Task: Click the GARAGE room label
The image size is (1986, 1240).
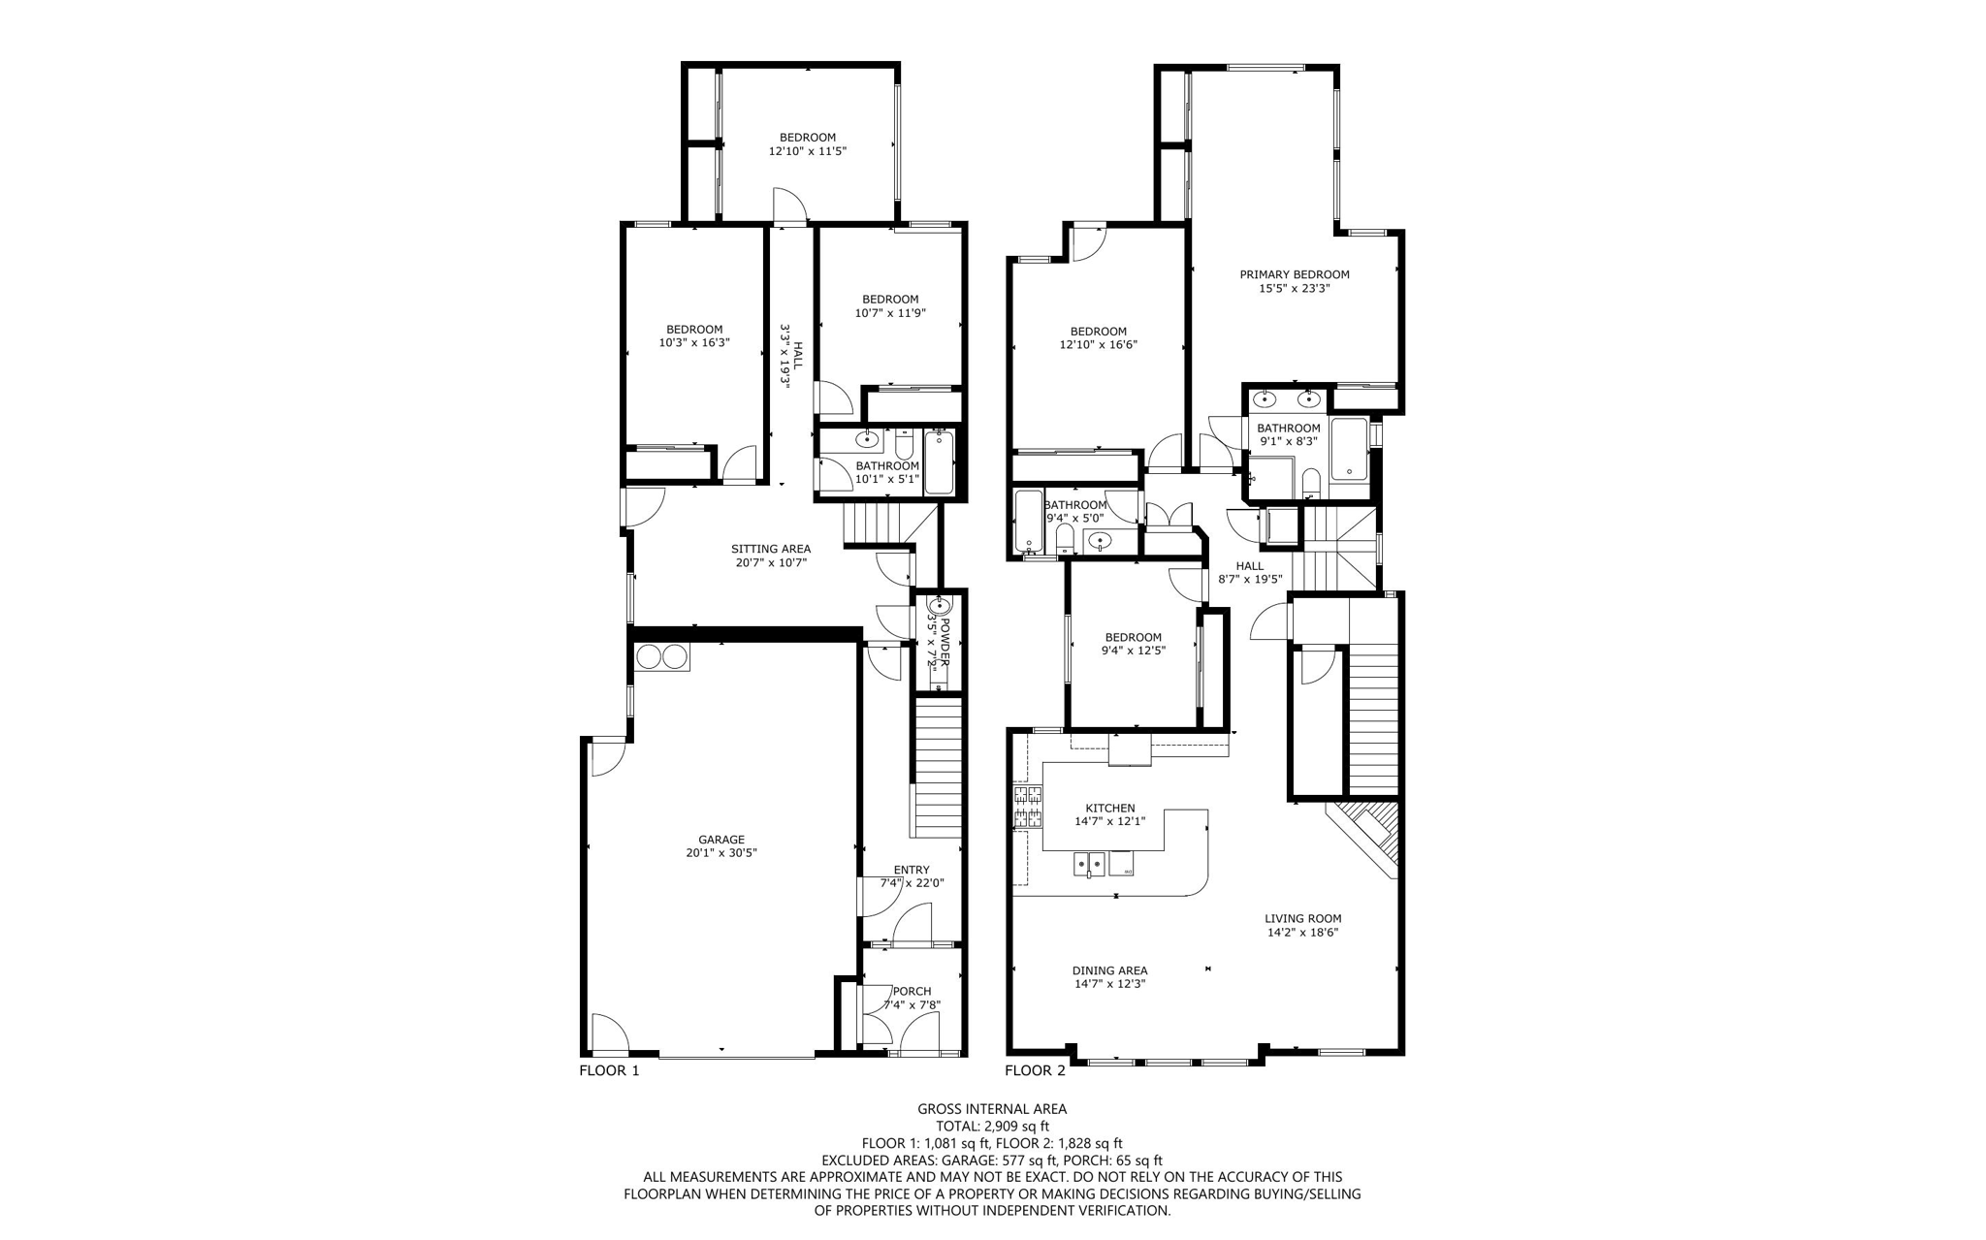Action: coord(721,840)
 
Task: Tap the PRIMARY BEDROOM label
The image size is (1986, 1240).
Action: coord(1294,274)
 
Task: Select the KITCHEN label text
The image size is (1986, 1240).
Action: coord(1109,808)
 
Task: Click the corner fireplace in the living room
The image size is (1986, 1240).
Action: coord(1368,835)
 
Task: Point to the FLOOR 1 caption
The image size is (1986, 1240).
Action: coord(609,1070)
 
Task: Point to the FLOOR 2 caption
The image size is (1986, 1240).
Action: coord(1035,1070)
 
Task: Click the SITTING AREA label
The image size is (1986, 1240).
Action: coord(770,549)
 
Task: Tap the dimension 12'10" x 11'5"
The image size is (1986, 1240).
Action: coord(808,151)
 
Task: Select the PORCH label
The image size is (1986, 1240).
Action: coord(912,991)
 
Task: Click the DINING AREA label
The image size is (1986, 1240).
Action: coord(1109,970)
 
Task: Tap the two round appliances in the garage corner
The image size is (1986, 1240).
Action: coord(661,657)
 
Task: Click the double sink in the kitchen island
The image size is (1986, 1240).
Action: coord(1090,862)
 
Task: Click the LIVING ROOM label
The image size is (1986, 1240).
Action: coord(1302,918)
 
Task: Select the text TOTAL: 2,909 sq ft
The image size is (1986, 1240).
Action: coord(992,1127)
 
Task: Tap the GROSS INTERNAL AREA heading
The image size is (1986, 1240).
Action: coord(992,1109)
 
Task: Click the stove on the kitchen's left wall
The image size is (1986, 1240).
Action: coord(1028,807)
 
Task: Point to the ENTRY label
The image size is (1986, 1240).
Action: coord(911,870)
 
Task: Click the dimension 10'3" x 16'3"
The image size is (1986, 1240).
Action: coord(693,342)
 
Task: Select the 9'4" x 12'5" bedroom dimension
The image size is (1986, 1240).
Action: coord(1133,651)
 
